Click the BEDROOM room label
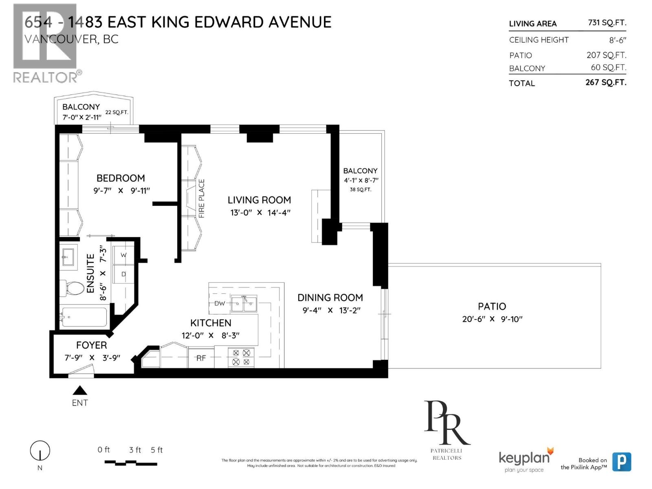[121, 178]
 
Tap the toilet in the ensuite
[71, 288]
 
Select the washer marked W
[123, 255]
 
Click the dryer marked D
[123, 274]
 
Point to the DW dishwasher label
[219, 303]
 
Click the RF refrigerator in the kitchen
[201, 358]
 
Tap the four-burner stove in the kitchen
[241, 357]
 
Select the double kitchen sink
[244, 304]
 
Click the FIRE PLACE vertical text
[201, 198]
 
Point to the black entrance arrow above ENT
[80, 390]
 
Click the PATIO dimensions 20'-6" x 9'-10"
[492, 319]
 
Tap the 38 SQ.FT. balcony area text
[360, 189]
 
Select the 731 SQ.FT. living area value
[606, 23]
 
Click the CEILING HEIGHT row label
[538, 40]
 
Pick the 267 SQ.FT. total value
[606, 82]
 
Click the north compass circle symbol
[40, 451]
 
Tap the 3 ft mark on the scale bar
[135, 450]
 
